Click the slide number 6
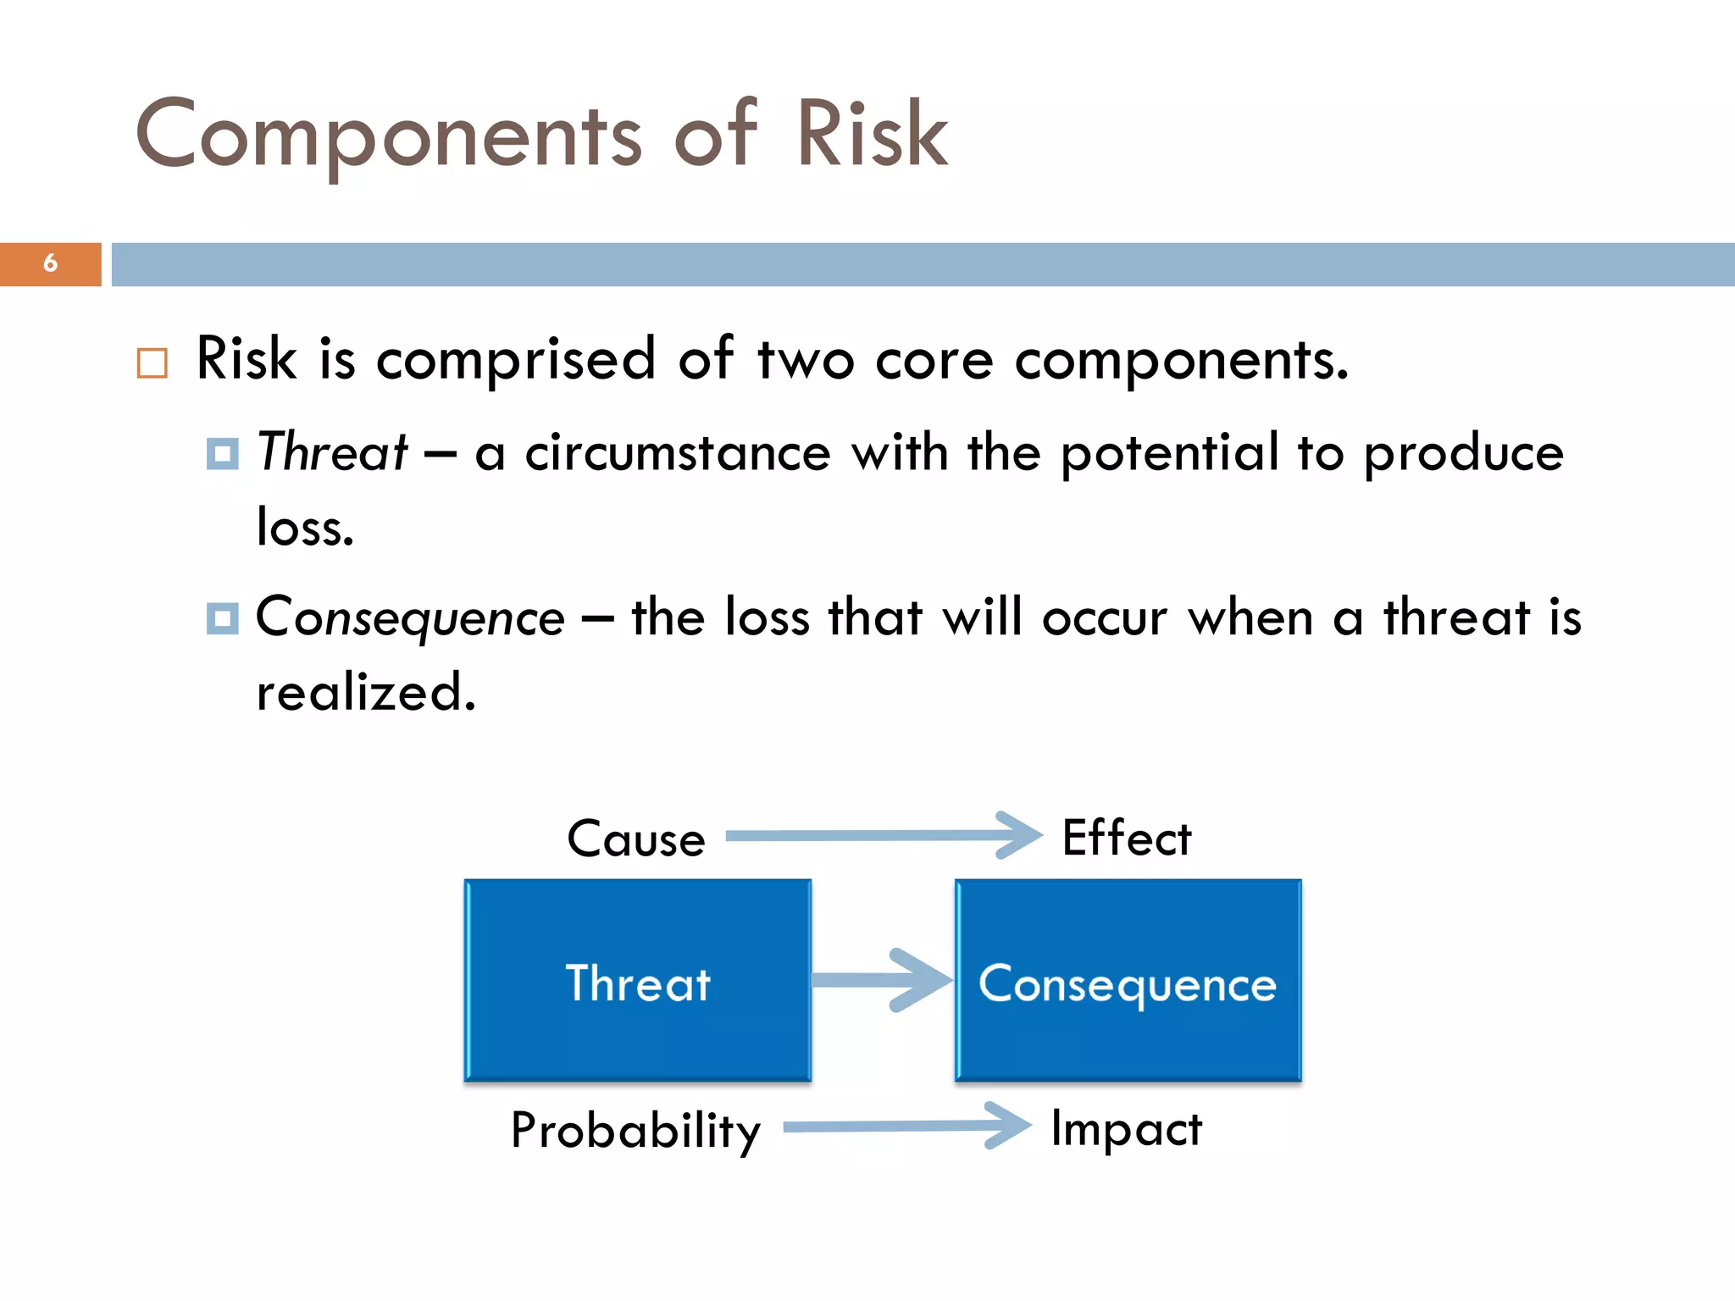click(50, 263)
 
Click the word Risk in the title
click(872, 135)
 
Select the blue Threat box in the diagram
click(638, 980)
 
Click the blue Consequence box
click(1128, 980)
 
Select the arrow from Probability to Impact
click(906, 1126)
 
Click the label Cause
click(636, 839)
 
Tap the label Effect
click(1127, 839)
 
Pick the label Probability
click(635, 1131)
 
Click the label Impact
click(1126, 1129)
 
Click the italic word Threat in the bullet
click(333, 451)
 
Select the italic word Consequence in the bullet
click(410, 617)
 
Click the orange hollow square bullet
click(152, 363)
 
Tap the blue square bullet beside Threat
click(222, 454)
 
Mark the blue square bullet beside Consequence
click(222, 618)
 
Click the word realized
click(366, 693)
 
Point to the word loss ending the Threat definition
click(304, 528)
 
